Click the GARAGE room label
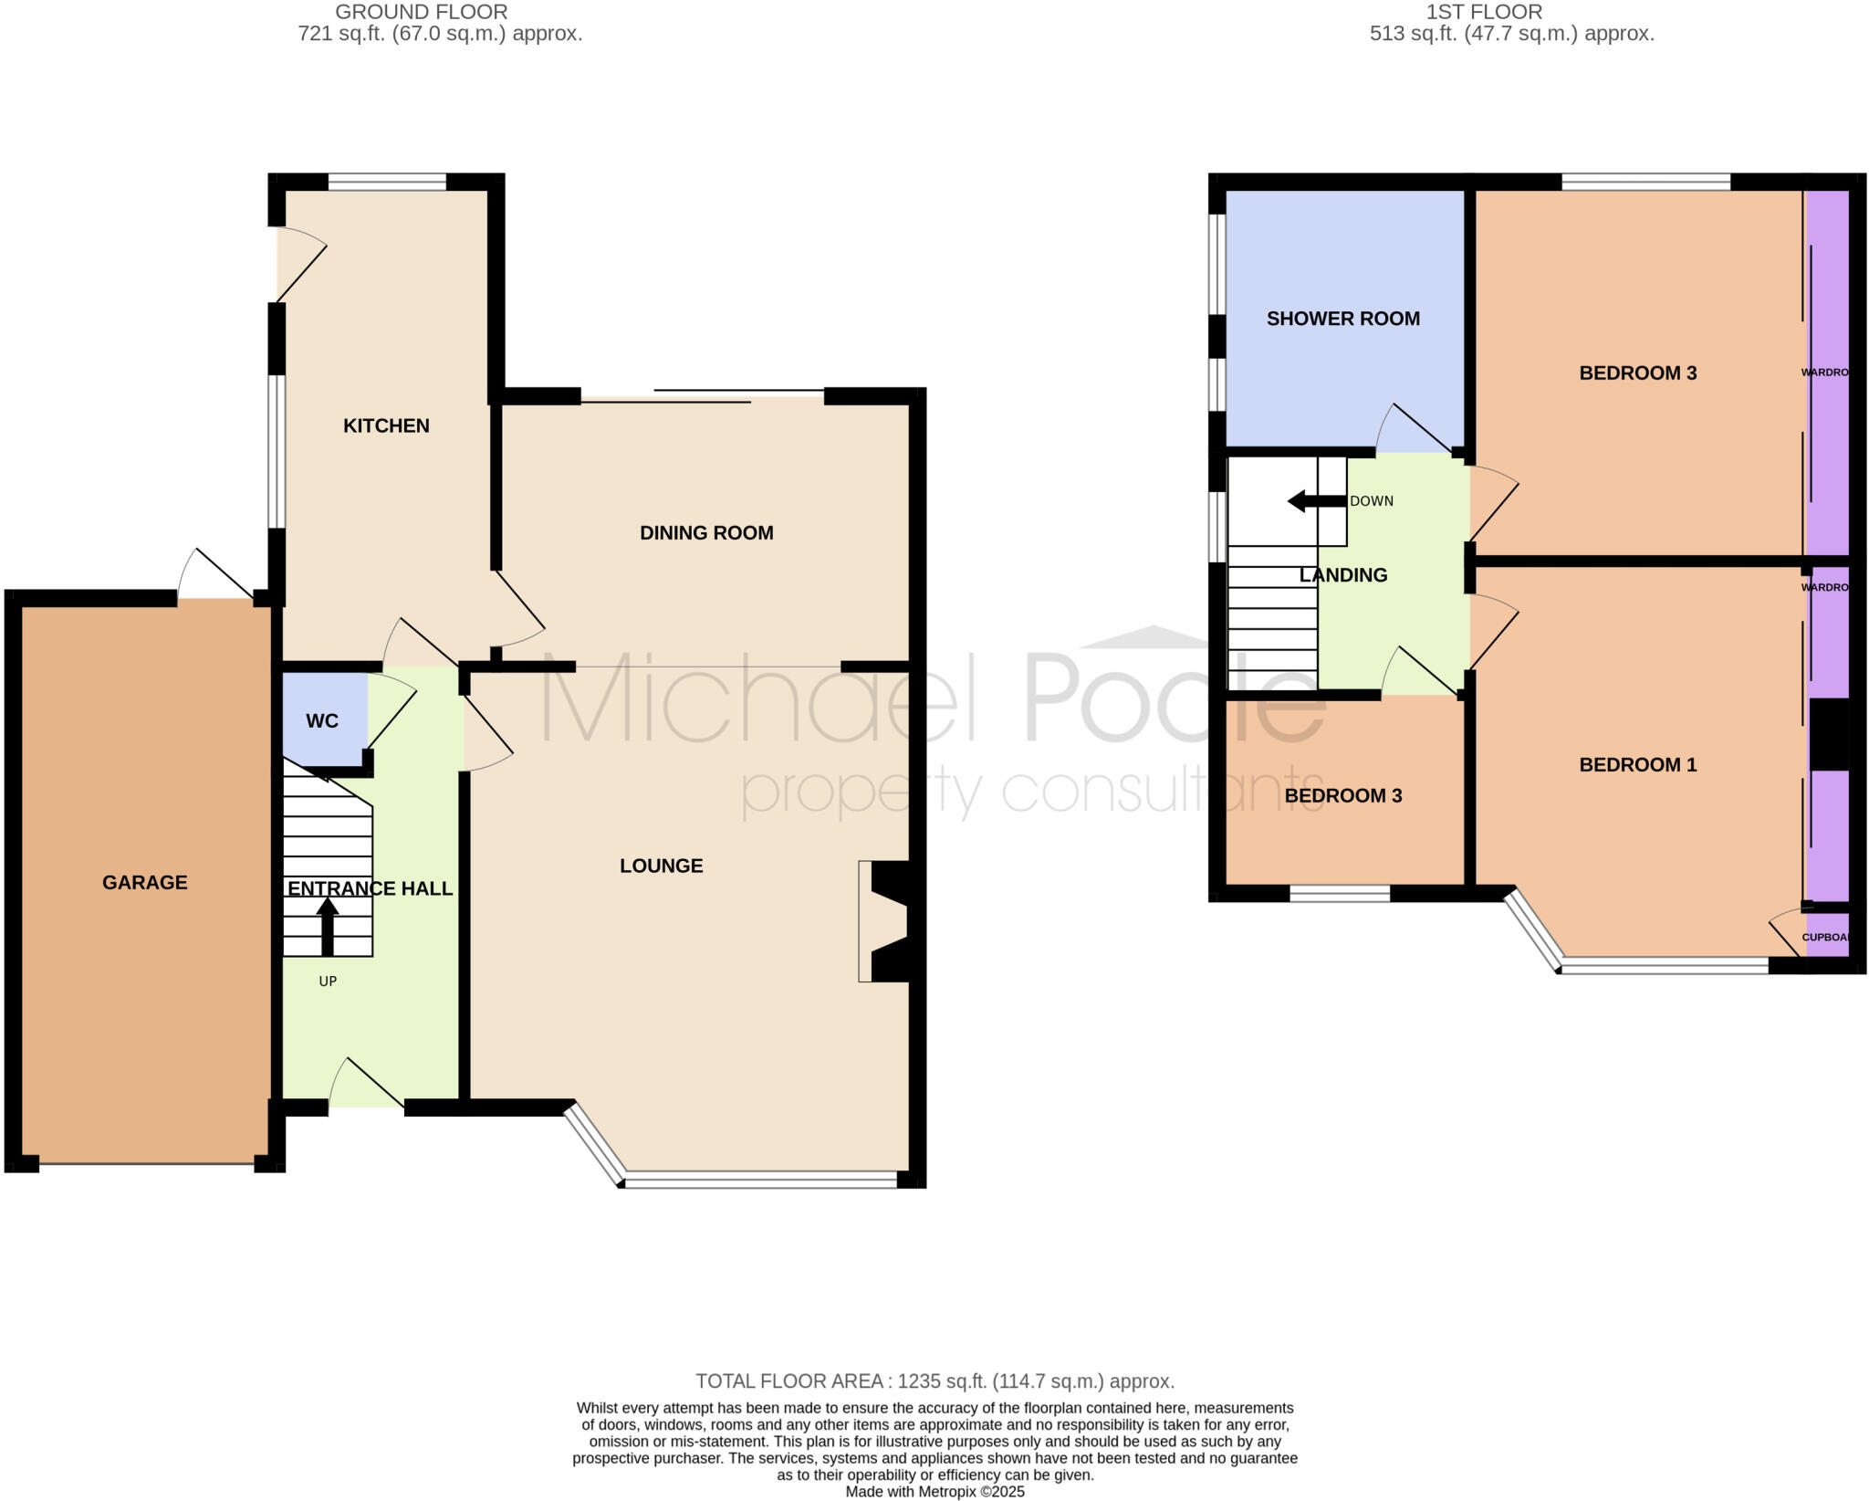(144, 882)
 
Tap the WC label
(322, 721)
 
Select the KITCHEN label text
(386, 425)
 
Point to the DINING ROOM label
(706, 533)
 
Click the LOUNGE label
(661, 866)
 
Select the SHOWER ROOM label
(1342, 319)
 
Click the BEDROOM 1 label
(1637, 765)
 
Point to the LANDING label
(1342, 575)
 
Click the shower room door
(1415, 429)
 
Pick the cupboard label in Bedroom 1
(1825, 938)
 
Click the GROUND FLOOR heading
(421, 13)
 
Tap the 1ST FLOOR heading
(1484, 13)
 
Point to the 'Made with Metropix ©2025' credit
(934, 1492)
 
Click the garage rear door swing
(216, 575)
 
